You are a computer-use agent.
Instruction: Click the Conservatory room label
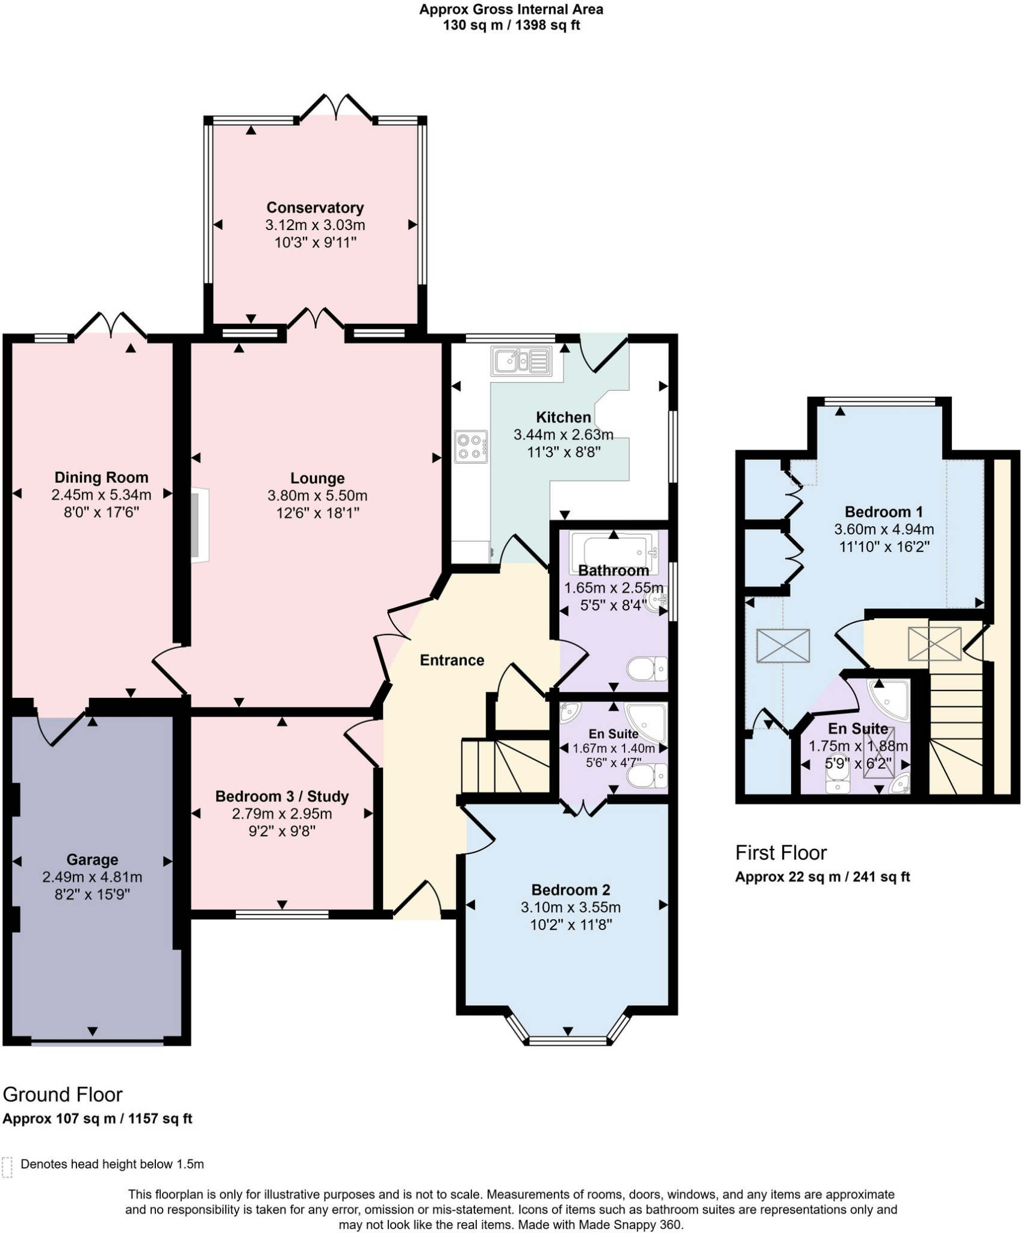pyautogui.click(x=315, y=208)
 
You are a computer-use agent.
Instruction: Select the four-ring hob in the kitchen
pyautogui.click(x=471, y=447)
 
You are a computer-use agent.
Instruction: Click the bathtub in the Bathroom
pyautogui.click(x=614, y=549)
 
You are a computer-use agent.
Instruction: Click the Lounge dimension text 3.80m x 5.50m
pyautogui.click(x=317, y=495)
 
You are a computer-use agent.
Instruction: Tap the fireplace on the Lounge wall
pyautogui.click(x=200, y=526)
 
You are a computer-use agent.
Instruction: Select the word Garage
pyautogui.click(x=92, y=859)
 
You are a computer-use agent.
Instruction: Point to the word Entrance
pyautogui.click(x=452, y=660)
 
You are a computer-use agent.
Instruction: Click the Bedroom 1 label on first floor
pyautogui.click(x=883, y=512)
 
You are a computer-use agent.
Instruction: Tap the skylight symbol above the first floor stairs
pyautogui.click(x=934, y=644)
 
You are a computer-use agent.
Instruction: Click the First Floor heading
pyautogui.click(x=781, y=853)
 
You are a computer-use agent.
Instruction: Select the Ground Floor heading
pyautogui.click(x=63, y=1094)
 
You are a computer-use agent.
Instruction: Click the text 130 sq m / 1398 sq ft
pyautogui.click(x=511, y=25)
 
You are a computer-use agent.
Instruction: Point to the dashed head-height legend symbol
pyautogui.click(x=7, y=1167)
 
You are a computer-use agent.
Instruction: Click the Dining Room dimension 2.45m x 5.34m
pyautogui.click(x=101, y=495)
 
